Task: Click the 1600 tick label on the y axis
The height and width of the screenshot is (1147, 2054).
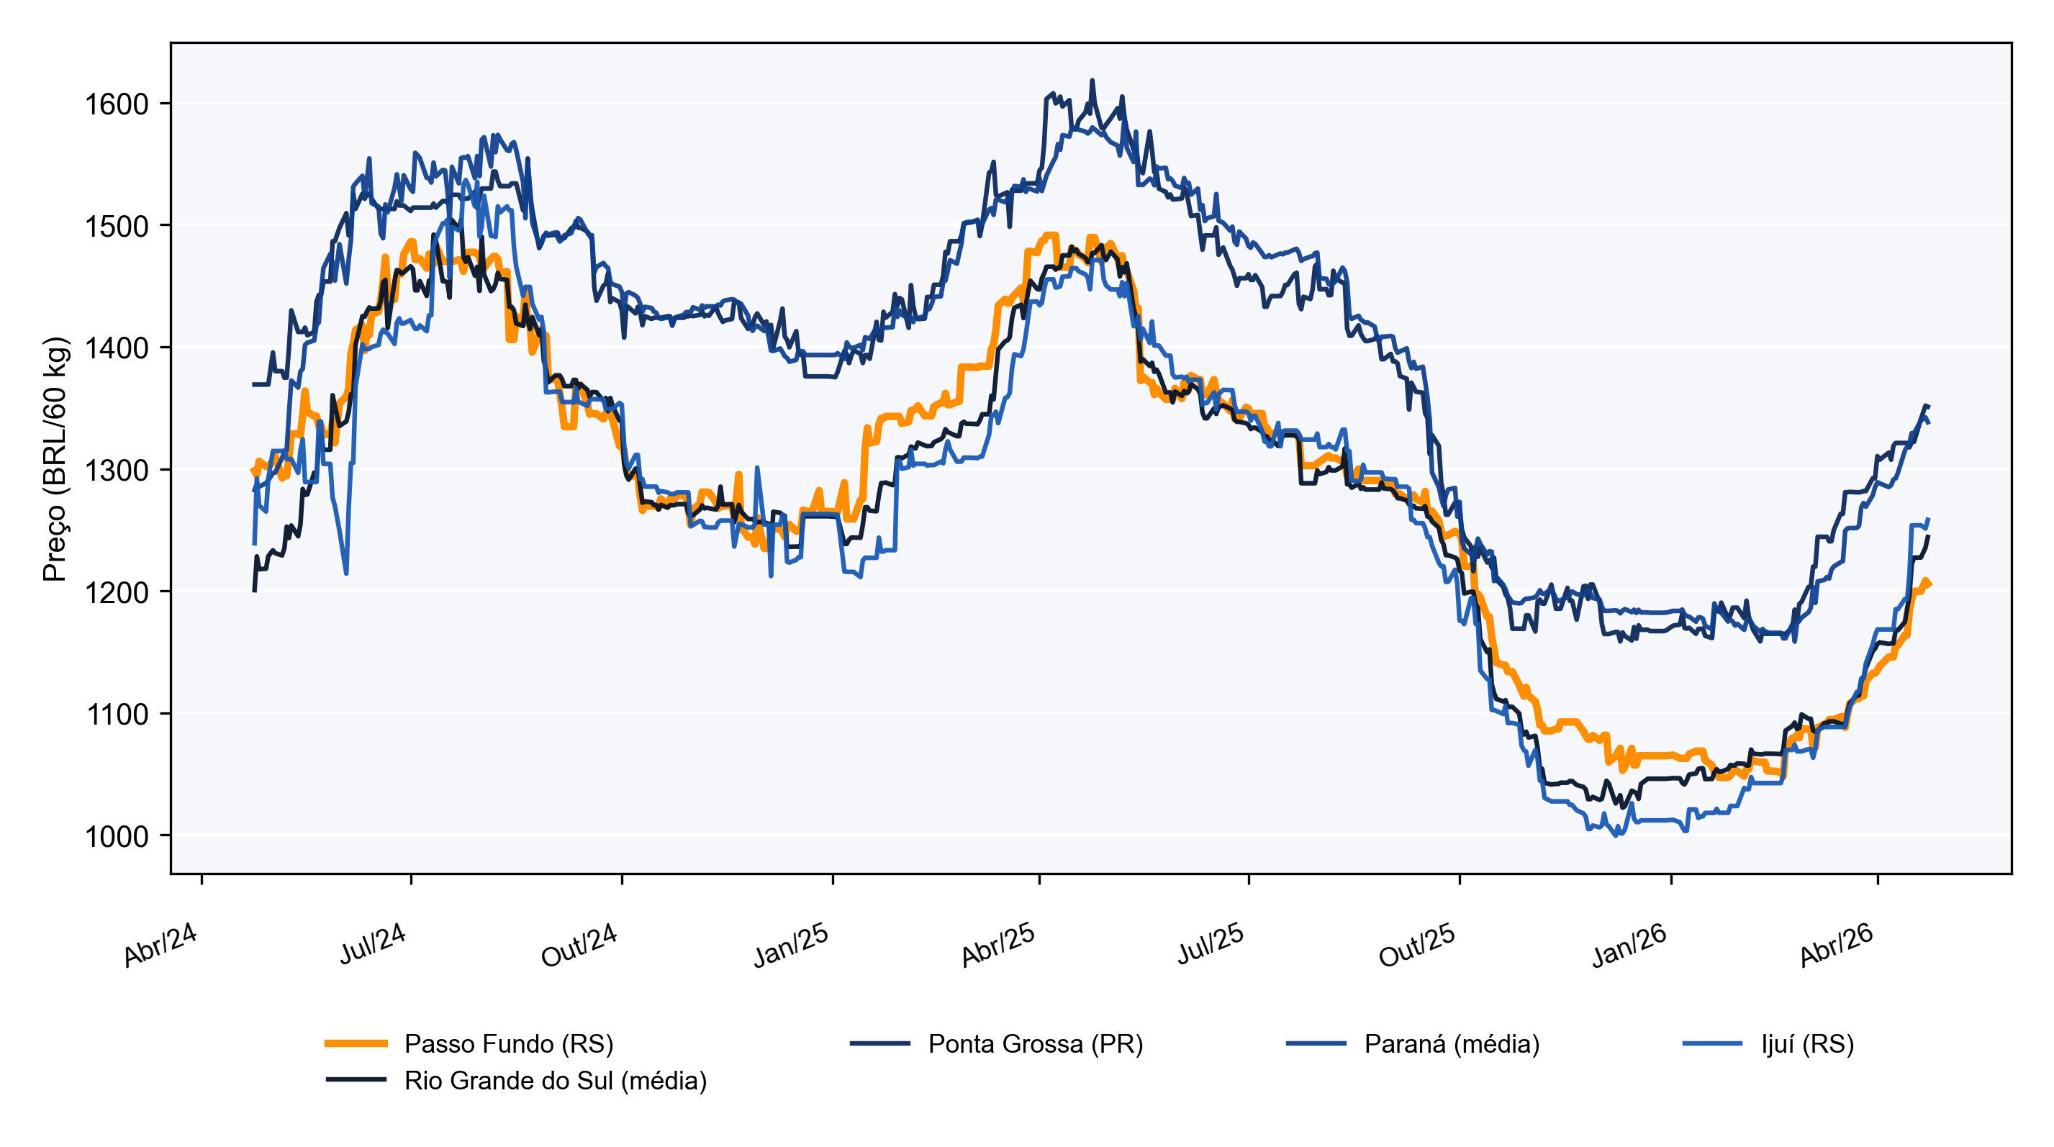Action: click(x=117, y=104)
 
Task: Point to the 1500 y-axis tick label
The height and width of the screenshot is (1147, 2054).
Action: click(x=117, y=227)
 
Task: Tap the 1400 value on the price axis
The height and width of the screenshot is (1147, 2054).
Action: click(x=117, y=348)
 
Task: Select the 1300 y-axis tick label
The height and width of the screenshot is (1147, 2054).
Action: click(x=117, y=471)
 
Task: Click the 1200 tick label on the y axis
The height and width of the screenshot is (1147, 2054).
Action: click(x=117, y=592)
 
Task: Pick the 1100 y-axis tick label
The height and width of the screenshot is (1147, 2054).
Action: click(x=117, y=715)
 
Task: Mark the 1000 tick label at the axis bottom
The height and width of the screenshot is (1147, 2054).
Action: click(x=117, y=836)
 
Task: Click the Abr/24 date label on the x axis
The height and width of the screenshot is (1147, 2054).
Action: click(x=160, y=946)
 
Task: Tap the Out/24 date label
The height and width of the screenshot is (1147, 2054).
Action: click(x=579, y=946)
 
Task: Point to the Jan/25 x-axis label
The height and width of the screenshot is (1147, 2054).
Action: click(x=791, y=946)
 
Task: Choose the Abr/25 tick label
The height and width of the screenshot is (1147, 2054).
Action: click(x=998, y=946)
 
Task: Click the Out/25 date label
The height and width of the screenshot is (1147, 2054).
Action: click(x=1418, y=946)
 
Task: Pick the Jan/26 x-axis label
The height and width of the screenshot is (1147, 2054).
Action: click(x=1629, y=946)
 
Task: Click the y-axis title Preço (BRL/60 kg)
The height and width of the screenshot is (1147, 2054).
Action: click(x=56, y=459)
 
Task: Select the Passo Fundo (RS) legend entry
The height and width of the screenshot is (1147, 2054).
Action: click(x=469, y=1043)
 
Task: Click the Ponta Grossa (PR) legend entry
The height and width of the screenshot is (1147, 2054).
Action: click(x=996, y=1043)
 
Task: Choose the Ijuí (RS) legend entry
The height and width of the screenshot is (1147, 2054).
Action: click(x=1768, y=1043)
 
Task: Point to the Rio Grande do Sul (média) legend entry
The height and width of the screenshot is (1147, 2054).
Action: click(x=516, y=1080)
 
